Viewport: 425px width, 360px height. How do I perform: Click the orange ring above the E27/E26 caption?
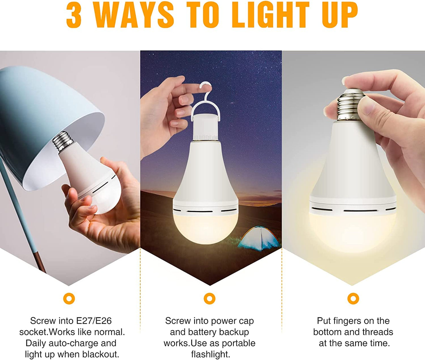coord(69,298)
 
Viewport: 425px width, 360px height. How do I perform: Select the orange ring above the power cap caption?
coord(209,298)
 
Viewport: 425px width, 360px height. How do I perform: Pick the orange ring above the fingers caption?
coord(353,298)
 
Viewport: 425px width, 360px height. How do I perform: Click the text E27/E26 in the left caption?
coord(94,321)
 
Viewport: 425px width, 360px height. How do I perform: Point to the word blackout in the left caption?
coord(101,354)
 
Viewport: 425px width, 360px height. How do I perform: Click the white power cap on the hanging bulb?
coord(206,127)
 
